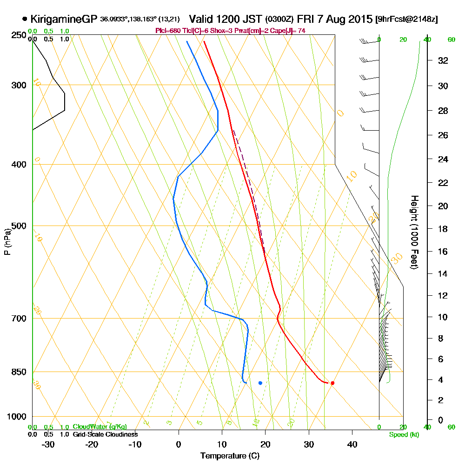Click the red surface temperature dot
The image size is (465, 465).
pyautogui.click(x=332, y=383)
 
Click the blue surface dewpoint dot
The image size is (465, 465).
pyautogui.click(x=260, y=383)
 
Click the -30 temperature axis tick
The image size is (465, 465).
pyautogui.click(x=48, y=445)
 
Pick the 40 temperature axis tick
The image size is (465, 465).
pyautogui.click(x=352, y=445)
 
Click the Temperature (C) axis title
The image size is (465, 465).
pyautogui.click(x=230, y=456)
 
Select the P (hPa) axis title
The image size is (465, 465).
pyautogui.click(x=7, y=241)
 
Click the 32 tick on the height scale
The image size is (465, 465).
pyautogui.click(x=443, y=60)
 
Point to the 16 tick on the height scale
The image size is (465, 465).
pyautogui.click(x=443, y=252)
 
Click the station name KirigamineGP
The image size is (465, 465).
pyautogui.click(x=64, y=20)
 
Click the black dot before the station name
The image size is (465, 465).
pyautogui.click(x=24, y=19)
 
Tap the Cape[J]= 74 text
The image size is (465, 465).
pyautogui.click(x=290, y=31)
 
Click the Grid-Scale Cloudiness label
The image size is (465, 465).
pyautogui.click(x=105, y=434)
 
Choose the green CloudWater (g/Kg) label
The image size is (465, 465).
pyautogui.click(x=100, y=427)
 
